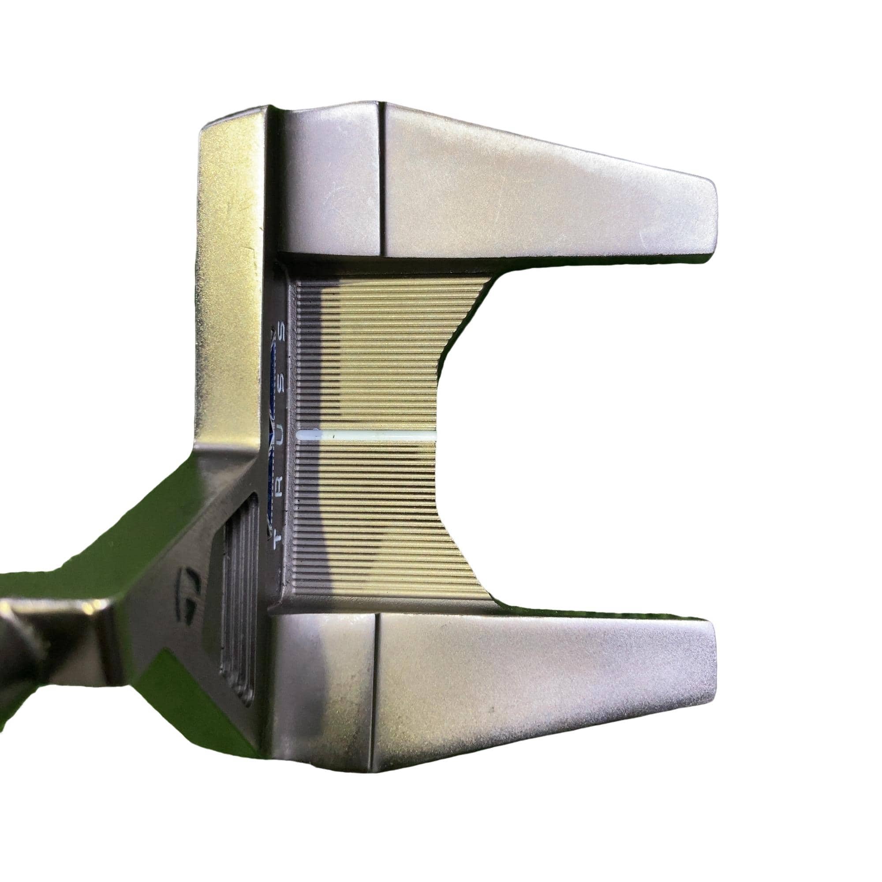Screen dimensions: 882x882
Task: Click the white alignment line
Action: (x=367, y=435)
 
